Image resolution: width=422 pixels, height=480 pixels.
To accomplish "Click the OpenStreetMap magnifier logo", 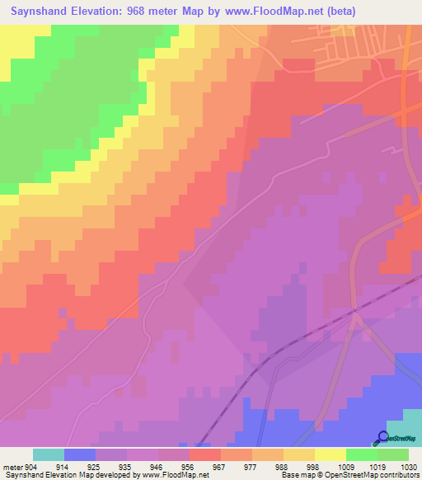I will coord(382,437).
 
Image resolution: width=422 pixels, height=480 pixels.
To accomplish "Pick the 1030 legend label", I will coord(408,468).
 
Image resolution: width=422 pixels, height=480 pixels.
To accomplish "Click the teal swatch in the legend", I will coord(49,454).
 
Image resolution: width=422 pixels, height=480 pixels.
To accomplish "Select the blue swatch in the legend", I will coord(80,454).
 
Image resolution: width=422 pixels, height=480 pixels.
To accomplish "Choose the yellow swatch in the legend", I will coord(331,454).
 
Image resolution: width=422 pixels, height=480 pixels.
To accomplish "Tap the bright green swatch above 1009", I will coord(362,454).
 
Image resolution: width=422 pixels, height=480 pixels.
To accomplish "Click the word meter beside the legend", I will coord(12,468).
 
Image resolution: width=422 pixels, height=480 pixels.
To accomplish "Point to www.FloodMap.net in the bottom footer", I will coord(174,476).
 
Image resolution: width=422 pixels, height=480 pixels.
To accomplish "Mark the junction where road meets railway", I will coord(354,311).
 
